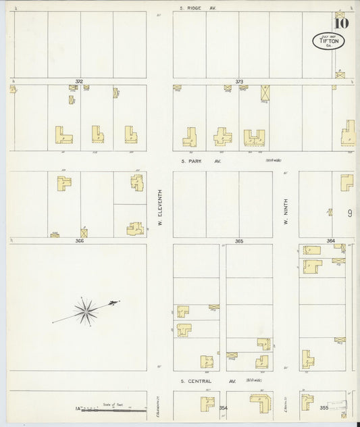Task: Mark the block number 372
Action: [x=79, y=81]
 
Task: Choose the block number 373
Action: [x=239, y=81]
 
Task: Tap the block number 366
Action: [x=79, y=240]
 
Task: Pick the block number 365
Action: [x=238, y=241]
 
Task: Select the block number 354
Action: [x=223, y=407]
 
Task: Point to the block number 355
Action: [x=324, y=407]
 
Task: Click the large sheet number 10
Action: [x=341, y=23]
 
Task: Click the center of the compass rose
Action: [x=86, y=311]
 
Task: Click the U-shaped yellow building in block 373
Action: [x=254, y=137]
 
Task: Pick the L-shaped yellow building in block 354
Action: [x=259, y=403]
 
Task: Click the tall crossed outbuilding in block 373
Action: [x=265, y=92]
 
